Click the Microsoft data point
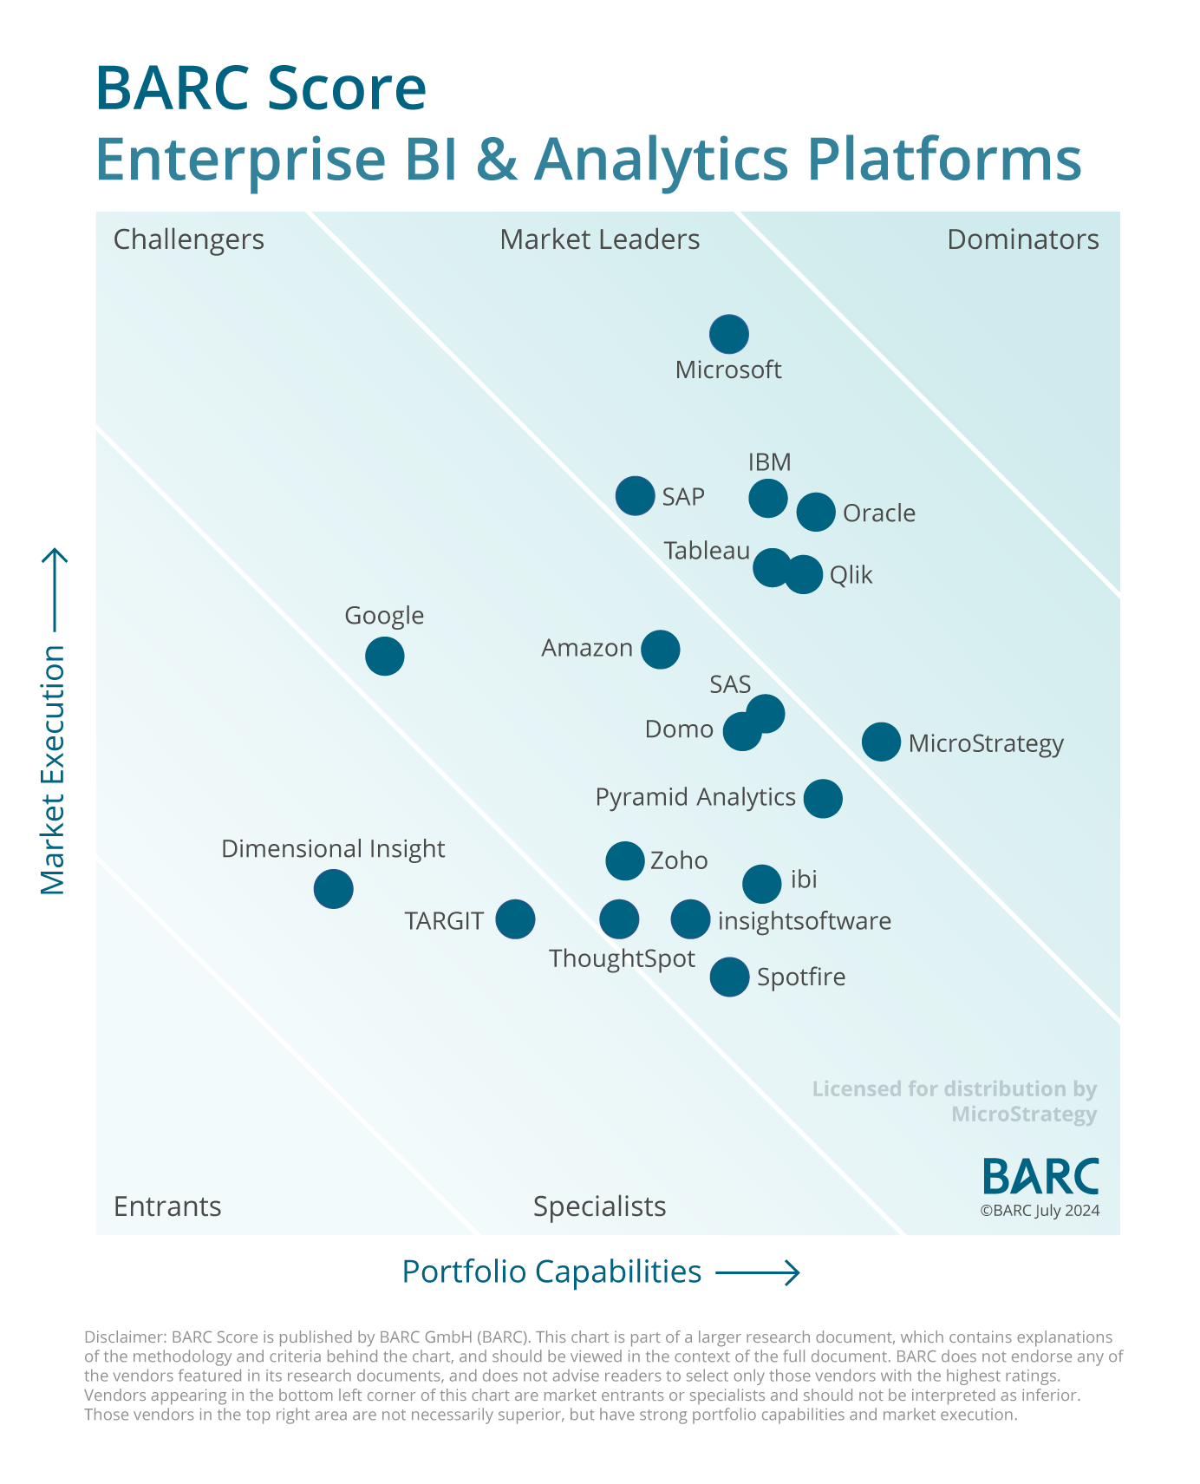tap(728, 334)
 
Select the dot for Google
tap(384, 656)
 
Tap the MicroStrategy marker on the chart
tap(881, 742)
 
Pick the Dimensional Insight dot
tap(333, 888)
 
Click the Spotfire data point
tap(729, 977)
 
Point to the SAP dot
tap(635, 496)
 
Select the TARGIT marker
tap(515, 919)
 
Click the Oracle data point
tap(815, 512)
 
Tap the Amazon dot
tap(660, 649)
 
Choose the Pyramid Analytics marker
tap(822, 798)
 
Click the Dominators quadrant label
tap(1022, 239)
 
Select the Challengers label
tap(188, 239)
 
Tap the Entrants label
tap(167, 1206)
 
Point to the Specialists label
tap(599, 1206)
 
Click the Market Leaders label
tap(599, 239)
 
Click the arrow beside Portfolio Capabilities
tap(756, 1272)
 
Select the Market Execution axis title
tap(53, 769)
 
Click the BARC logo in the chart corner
tap(1040, 1176)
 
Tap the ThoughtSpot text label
tap(622, 958)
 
